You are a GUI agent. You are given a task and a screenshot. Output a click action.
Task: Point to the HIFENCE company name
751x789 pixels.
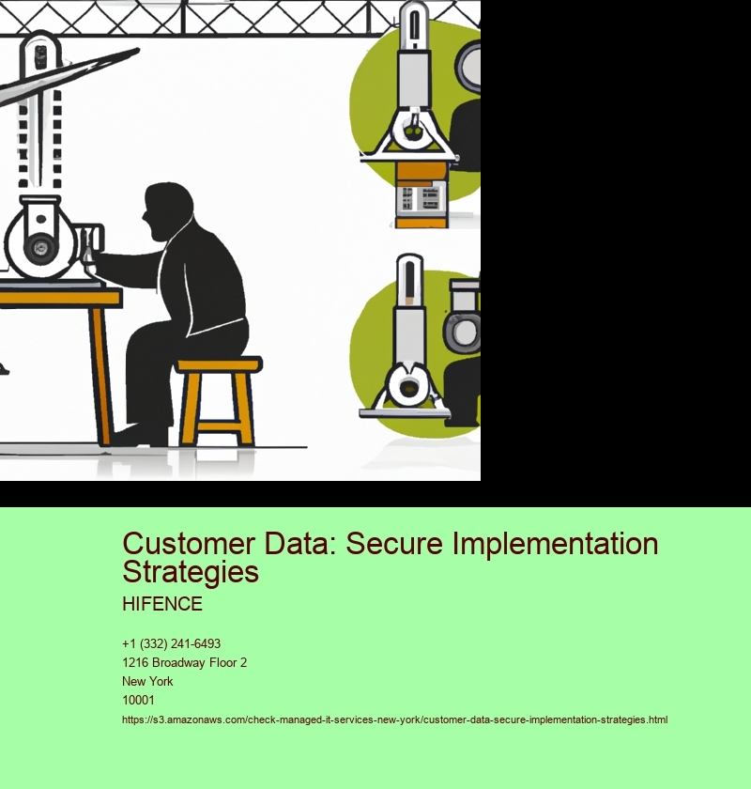coord(161,604)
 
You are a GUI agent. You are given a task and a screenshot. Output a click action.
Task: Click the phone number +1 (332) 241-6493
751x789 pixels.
coord(171,643)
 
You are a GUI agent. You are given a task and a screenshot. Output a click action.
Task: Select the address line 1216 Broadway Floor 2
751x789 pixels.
coord(184,662)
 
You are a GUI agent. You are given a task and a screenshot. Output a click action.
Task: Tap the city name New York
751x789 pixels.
coord(147,681)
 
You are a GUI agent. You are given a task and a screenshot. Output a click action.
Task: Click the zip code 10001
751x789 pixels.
coord(138,700)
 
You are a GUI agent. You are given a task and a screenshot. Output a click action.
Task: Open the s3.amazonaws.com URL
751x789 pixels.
coord(394,719)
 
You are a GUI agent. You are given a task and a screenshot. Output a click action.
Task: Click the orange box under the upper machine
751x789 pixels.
coord(420,173)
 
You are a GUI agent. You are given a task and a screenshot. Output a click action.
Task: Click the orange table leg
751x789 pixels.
coord(101,376)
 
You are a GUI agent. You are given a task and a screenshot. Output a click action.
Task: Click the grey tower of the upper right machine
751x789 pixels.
coord(414,66)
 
